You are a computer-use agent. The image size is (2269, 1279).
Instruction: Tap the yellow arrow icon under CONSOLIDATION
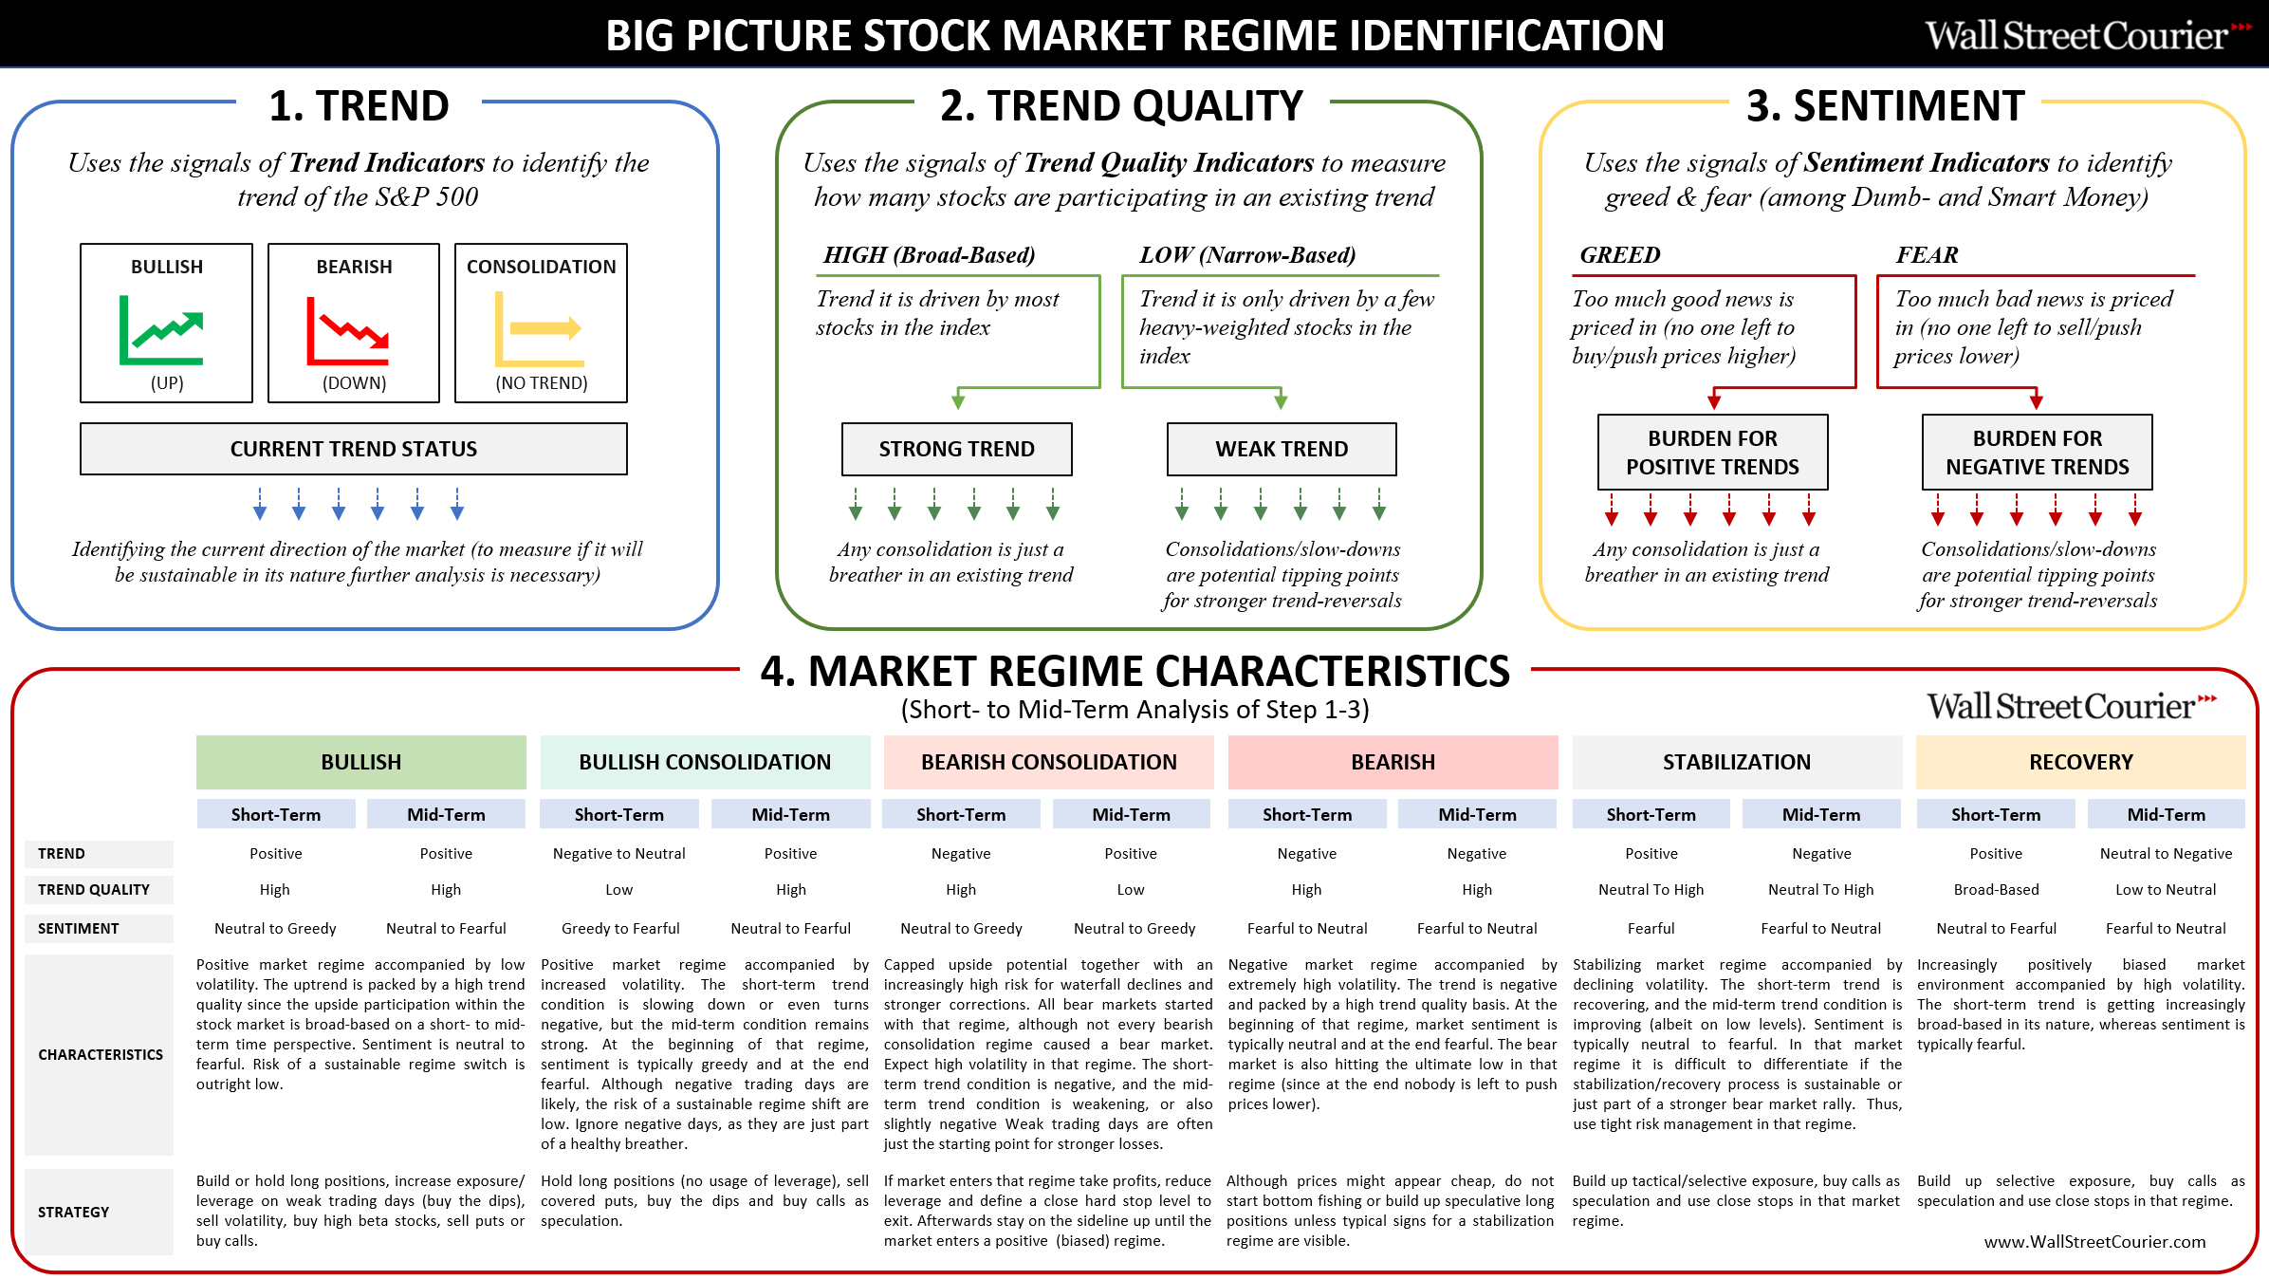538,329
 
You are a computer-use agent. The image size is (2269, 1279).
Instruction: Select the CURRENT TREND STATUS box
354,449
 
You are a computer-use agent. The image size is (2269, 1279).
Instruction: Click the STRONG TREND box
957,449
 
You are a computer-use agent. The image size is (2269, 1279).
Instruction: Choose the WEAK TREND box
1282,449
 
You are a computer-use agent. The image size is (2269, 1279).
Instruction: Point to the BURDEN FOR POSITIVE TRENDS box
1713,453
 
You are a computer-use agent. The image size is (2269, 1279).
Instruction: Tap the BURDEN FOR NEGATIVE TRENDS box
2038,453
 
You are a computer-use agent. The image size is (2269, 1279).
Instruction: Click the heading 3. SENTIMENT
1886,105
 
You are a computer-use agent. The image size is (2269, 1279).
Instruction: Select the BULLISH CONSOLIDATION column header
705,762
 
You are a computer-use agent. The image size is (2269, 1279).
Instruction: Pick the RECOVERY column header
2081,762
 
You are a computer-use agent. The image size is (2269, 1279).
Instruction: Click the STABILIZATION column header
1737,762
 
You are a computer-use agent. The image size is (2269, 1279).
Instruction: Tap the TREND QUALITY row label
94,890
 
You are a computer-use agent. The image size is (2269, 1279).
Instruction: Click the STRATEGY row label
73,1213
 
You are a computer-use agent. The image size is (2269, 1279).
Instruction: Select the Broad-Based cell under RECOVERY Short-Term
1997,890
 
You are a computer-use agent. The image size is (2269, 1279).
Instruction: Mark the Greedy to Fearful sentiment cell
620,929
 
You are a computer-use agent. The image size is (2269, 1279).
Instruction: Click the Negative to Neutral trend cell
619,854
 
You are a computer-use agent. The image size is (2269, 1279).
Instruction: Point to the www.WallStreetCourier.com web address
2095,1242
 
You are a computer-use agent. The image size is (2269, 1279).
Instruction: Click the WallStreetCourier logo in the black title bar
2088,36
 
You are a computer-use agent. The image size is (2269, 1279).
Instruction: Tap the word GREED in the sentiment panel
1620,255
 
